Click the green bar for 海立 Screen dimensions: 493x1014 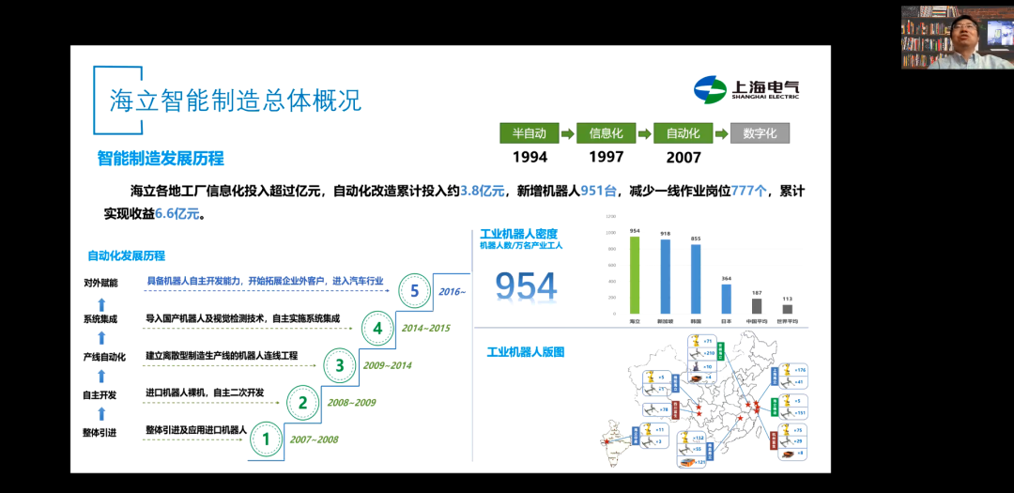coord(635,275)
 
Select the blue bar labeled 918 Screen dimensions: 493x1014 coord(666,277)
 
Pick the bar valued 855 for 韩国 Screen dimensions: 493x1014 coord(696,279)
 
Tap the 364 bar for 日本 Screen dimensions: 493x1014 coord(726,299)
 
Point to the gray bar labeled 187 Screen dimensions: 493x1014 coord(757,306)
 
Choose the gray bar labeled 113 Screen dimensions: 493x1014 coord(787,309)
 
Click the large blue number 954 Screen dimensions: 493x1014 coord(526,286)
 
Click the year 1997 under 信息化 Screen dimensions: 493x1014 coord(607,158)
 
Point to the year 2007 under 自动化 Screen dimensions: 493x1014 coord(684,158)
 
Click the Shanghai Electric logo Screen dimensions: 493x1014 coord(746,90)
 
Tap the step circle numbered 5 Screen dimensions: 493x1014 coord(415,291)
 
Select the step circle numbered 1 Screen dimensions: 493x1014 coord(266,439)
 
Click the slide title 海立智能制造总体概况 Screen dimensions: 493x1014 coord(236,100)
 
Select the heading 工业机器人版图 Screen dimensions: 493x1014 coord(526,352)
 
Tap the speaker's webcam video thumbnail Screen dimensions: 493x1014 coord(957,38)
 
